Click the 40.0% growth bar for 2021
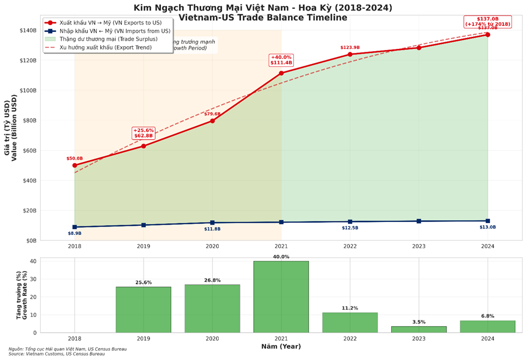click(281, 297)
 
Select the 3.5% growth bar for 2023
click(419, 329)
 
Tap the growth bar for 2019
click(144, 309)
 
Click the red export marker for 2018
click(75, 165)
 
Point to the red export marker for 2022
click(350, 54)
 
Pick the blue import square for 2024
click(488, 221)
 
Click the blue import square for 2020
click(212, 223)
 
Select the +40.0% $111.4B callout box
click(281, 60)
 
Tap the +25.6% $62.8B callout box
click(143, 133)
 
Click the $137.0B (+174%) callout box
click(488, 22)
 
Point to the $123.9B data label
click(350, 47)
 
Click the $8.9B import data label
click(75, 233)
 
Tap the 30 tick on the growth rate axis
click(33, 279)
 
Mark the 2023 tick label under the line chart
click(419, 246)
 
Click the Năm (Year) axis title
click(281, 347)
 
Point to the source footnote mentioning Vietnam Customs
click(56, 354)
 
